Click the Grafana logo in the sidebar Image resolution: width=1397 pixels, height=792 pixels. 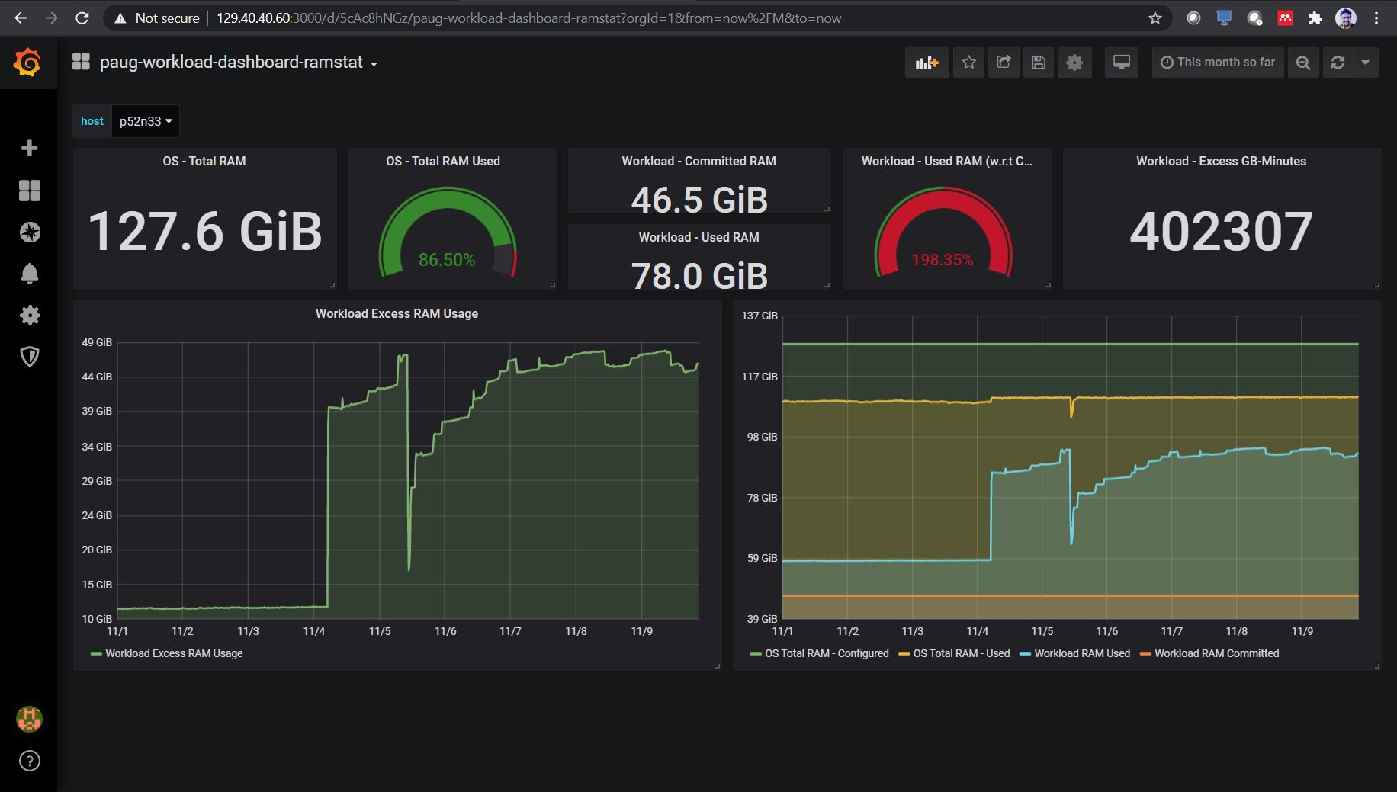click(x=27, y=62)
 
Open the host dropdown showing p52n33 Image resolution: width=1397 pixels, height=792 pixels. click(x=146, y=121)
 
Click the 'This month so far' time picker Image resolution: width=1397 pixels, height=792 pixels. click(x=1218, y=63)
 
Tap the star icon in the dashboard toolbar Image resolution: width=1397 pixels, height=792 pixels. click(x=968, y=63)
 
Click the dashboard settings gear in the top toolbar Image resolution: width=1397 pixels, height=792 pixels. click(x=1074, y=63)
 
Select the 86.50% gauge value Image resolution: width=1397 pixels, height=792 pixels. click(x=447, y=260)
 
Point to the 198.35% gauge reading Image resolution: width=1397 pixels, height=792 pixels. click(x=943, y=260)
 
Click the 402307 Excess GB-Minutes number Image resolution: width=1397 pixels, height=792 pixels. click(x=1221, y=231)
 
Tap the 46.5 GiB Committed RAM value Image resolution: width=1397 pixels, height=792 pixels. click(x=699, y=200)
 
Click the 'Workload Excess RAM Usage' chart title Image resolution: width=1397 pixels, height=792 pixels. click(x=397, y=313)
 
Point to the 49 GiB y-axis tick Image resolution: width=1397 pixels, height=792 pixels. click(x=97, y=342)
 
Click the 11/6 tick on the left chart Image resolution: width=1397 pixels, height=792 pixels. click(x=445, y=631)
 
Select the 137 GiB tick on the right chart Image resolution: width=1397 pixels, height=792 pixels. click(x=760, y=316)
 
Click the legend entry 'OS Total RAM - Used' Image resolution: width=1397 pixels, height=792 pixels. click(x=954, y=653)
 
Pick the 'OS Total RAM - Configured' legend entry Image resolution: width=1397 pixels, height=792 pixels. click(x=820, y=653)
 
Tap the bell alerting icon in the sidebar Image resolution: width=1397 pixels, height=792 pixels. click(x=30, y=274)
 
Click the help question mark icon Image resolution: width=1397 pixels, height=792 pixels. click(x=30, y=761)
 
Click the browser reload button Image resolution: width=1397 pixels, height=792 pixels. click(x=82, y=18)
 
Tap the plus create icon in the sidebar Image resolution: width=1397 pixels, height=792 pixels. click(x=30, y=148)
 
